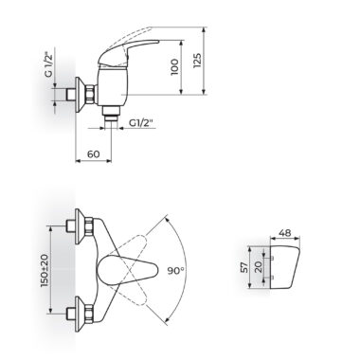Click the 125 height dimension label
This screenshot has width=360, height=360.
tap(197, 61)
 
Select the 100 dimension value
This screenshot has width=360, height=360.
tap(174, 67)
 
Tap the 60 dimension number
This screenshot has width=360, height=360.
tap(93, 154)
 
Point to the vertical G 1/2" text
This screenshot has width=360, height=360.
tap(48, 64)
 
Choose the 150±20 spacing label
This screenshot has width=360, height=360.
tap(45, 271)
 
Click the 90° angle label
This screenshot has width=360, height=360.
tap(176, 271)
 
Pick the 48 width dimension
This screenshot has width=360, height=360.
tap(285, 233)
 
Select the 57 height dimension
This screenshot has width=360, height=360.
tap(243, 267)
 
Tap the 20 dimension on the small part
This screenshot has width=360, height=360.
tap(259, 267)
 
